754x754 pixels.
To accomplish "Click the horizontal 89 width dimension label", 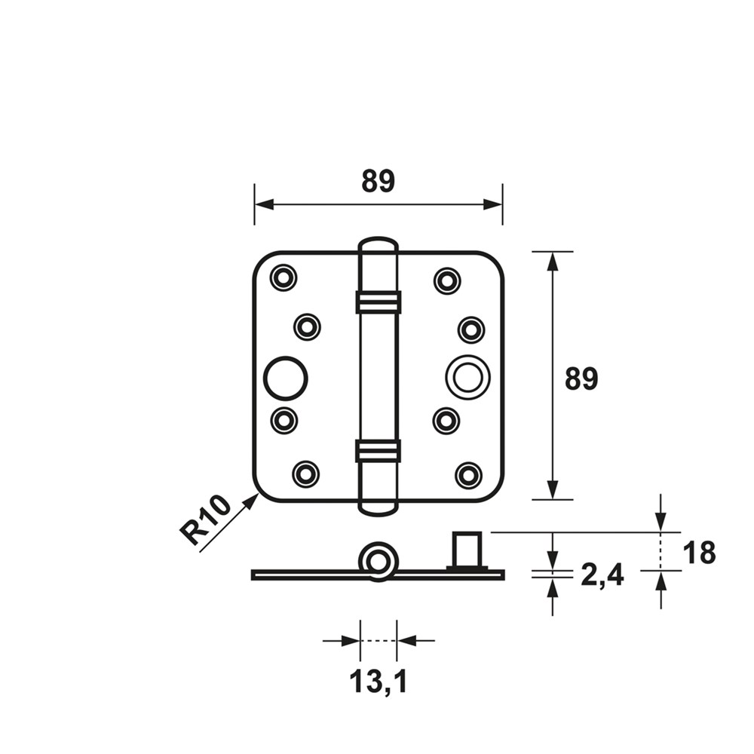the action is click(378, 181).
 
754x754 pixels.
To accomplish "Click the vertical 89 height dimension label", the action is click(581, 379).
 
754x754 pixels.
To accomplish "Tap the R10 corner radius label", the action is click(205, 522).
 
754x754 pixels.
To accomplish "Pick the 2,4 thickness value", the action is click(602, 575).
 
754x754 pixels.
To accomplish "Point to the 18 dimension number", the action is click(700, 553).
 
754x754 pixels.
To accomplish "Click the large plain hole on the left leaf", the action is click(286, 378).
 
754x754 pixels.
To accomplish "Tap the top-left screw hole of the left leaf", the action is click(284, 277).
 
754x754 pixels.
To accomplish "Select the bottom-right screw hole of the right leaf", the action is click(469, 475).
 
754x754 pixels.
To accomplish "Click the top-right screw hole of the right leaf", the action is click(448, 280).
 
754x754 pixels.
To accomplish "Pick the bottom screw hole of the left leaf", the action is click(306, 474).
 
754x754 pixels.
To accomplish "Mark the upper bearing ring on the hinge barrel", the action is click(379, 302).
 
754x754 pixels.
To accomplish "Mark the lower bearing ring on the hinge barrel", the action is click(379, 451).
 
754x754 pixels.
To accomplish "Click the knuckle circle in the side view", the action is click(379, 562).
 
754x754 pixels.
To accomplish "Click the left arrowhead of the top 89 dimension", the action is click(264, 204).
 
